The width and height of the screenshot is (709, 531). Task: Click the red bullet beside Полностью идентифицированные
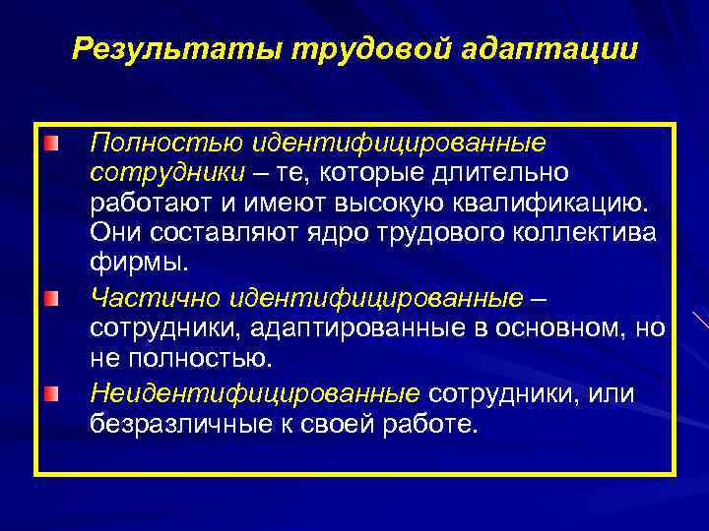click(x=51, y=145)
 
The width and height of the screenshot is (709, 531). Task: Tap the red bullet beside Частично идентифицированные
click(x=51, y=296)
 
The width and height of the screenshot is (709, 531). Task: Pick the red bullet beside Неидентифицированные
click(x=51, y=367)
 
